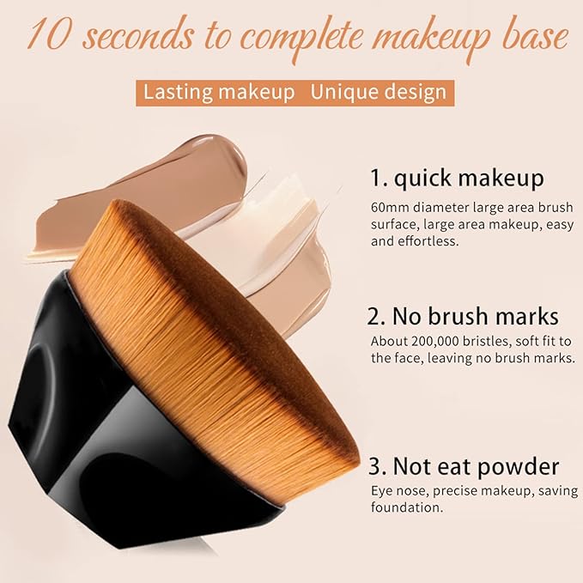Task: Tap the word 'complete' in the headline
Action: click(302, 39)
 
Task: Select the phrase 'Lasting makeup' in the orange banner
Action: click(219, 92)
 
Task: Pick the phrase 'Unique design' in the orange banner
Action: click(379, 93)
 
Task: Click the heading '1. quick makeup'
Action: click(457, 178)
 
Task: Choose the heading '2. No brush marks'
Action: click(463, 317)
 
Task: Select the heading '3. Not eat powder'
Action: click(464, 466)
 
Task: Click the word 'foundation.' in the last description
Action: click(407, 507)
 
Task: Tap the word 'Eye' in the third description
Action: click(380, 491)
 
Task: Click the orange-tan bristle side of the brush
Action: click(193, 372)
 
